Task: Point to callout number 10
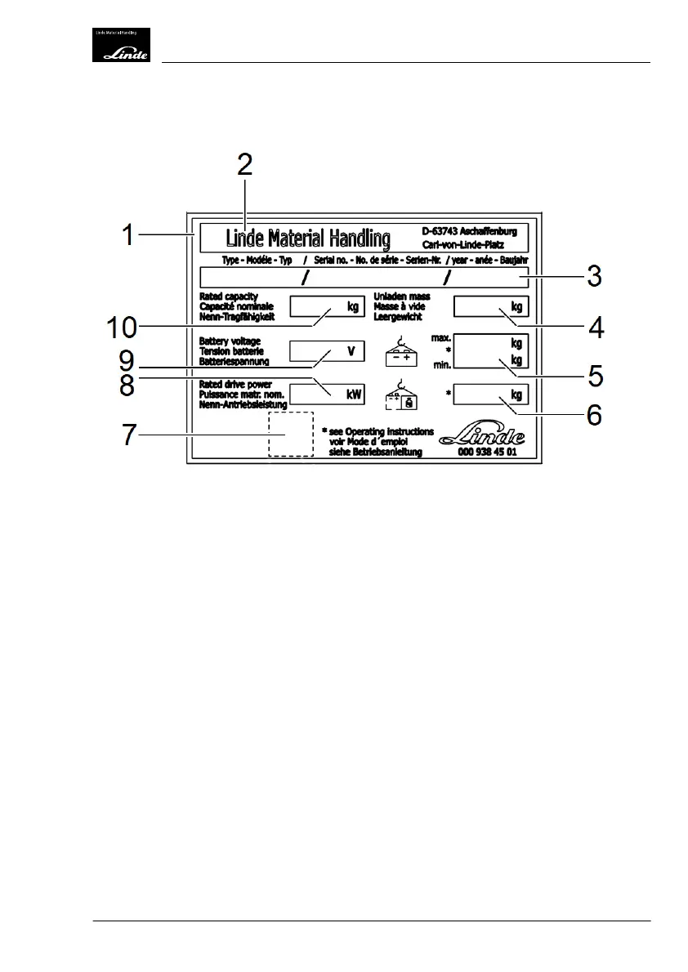(x=124, y=329)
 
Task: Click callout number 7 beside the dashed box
(x=128, y=434)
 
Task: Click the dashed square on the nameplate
(x=290, y=434)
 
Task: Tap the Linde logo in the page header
(x=120, y=46)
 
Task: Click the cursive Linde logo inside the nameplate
(x=482, y=435)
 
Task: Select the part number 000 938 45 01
(x=488, y=452)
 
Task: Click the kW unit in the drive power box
(x=353, y=394)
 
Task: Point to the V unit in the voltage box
(x=351, y=351)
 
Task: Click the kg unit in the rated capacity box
(x=353, y=307)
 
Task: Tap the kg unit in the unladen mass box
(x=516, y=307)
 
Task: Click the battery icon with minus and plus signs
(x=400, y=352)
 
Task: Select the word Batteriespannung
(x=234, y=360)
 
